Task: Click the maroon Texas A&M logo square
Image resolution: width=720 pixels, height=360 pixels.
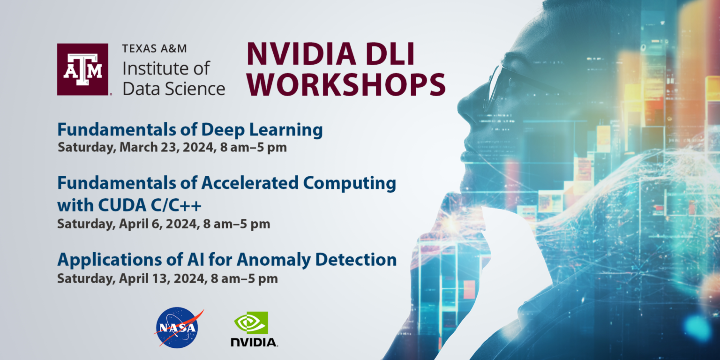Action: click(x=83, y=69)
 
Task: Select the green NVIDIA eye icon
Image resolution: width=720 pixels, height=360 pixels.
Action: click(x=251, y=322)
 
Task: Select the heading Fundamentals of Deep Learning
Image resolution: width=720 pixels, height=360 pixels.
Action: click(x=190, y=129)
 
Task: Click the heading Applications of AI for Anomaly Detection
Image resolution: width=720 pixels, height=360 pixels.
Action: click(x=227, y=259)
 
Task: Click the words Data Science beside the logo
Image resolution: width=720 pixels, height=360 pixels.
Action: click(x=174, y=88)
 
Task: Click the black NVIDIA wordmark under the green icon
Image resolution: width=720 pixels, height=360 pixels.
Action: click(x=254, y=342)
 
